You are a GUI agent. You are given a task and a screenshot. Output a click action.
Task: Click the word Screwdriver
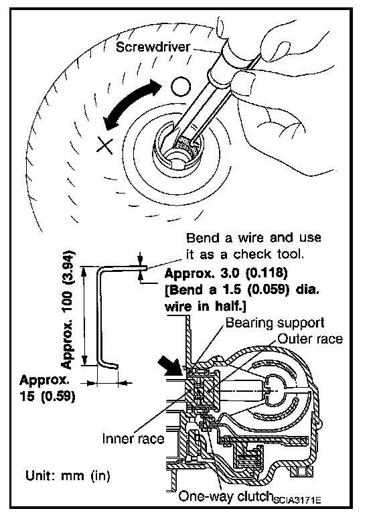click(x=153, y=47)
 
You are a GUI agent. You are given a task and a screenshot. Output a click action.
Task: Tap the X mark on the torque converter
click(x=105, y=145)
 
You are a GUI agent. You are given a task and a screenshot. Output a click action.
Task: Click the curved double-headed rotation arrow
click(x=132, y=104)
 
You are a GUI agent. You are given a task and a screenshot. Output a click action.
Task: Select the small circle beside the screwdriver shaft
click(x=181, y=86)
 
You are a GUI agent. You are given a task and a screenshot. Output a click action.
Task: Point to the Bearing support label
click(x=275, y=323)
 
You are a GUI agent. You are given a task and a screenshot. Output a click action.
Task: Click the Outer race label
click(x=310, y=339)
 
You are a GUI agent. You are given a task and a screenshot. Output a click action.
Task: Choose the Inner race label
click(x=133, y=439)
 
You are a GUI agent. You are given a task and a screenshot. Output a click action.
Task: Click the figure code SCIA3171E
click(x=297, y=500)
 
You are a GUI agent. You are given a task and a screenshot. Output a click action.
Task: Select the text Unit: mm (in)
click(x=68, y=475)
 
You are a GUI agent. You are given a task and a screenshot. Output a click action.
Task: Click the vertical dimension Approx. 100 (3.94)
click(x=68, y=310)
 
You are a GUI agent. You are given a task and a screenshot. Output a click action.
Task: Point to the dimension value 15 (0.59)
click(x=47, y=396)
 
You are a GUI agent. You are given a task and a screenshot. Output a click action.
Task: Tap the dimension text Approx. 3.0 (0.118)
click(x=226, y=273)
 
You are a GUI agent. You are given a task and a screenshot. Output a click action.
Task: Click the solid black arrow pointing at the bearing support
click(x=171, y=366)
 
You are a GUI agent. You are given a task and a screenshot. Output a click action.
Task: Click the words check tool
click(x=268, y=254)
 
